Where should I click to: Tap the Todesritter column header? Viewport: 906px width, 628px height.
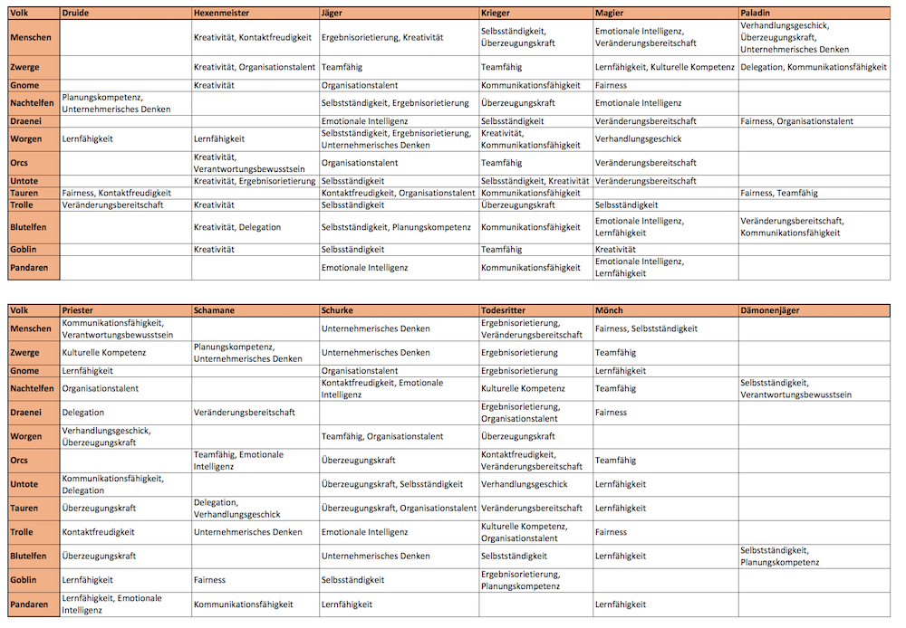(x=504, y=310)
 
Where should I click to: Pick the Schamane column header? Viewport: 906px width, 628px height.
(x=214, y=310)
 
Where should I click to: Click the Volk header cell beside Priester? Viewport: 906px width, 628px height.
(x=19, y=310)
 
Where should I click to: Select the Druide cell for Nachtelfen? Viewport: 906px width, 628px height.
(x=103, y=103)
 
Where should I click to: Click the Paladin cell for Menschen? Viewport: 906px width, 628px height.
(x=795, y=37)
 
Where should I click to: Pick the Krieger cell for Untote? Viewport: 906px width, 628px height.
(x=535, y=181)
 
